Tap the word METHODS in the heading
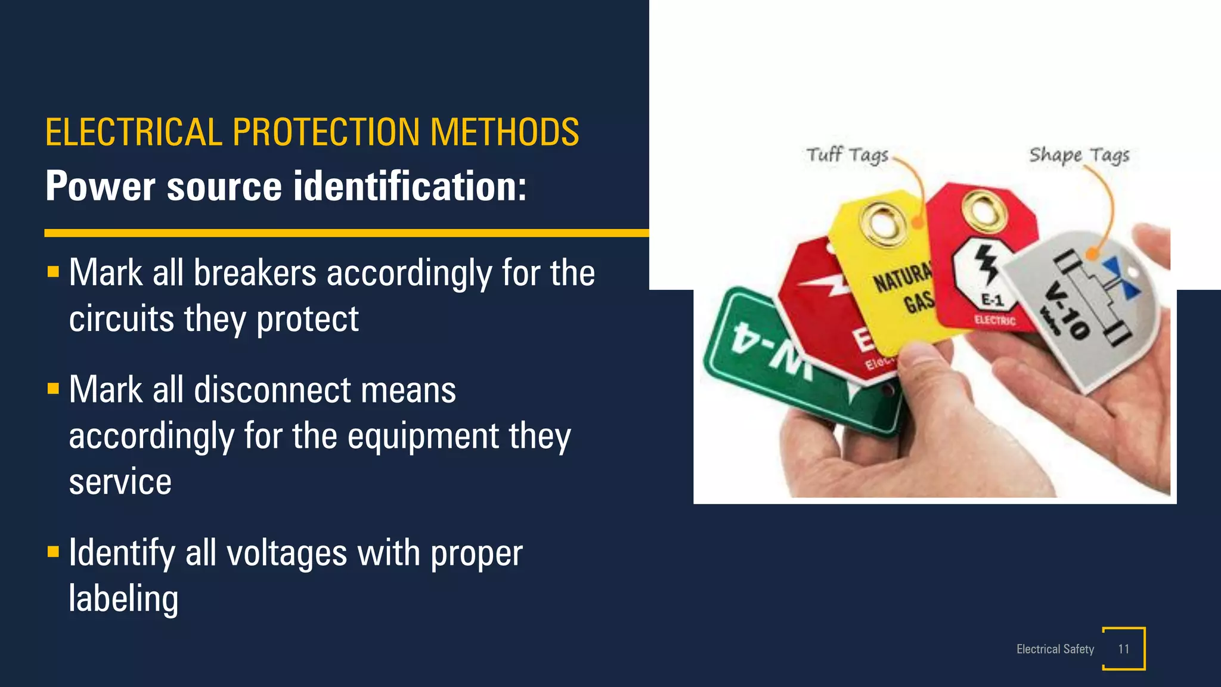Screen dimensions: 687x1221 [504, 132]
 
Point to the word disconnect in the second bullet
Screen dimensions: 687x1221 [272, 390]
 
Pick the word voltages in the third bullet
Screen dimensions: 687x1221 [287, 553]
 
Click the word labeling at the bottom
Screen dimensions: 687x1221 [123, 599]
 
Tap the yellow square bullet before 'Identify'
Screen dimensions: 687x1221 [53, 552]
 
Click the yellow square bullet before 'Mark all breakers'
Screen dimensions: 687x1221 [53, 273]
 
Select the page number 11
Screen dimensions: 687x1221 [1124, 649]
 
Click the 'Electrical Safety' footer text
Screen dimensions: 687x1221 [1055, 649]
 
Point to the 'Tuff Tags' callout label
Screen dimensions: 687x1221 [847, 155]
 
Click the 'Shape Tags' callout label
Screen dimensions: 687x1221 [1079, 155]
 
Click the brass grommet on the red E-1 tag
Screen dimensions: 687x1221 [984, 209]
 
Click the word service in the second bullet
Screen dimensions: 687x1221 [120, 482]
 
